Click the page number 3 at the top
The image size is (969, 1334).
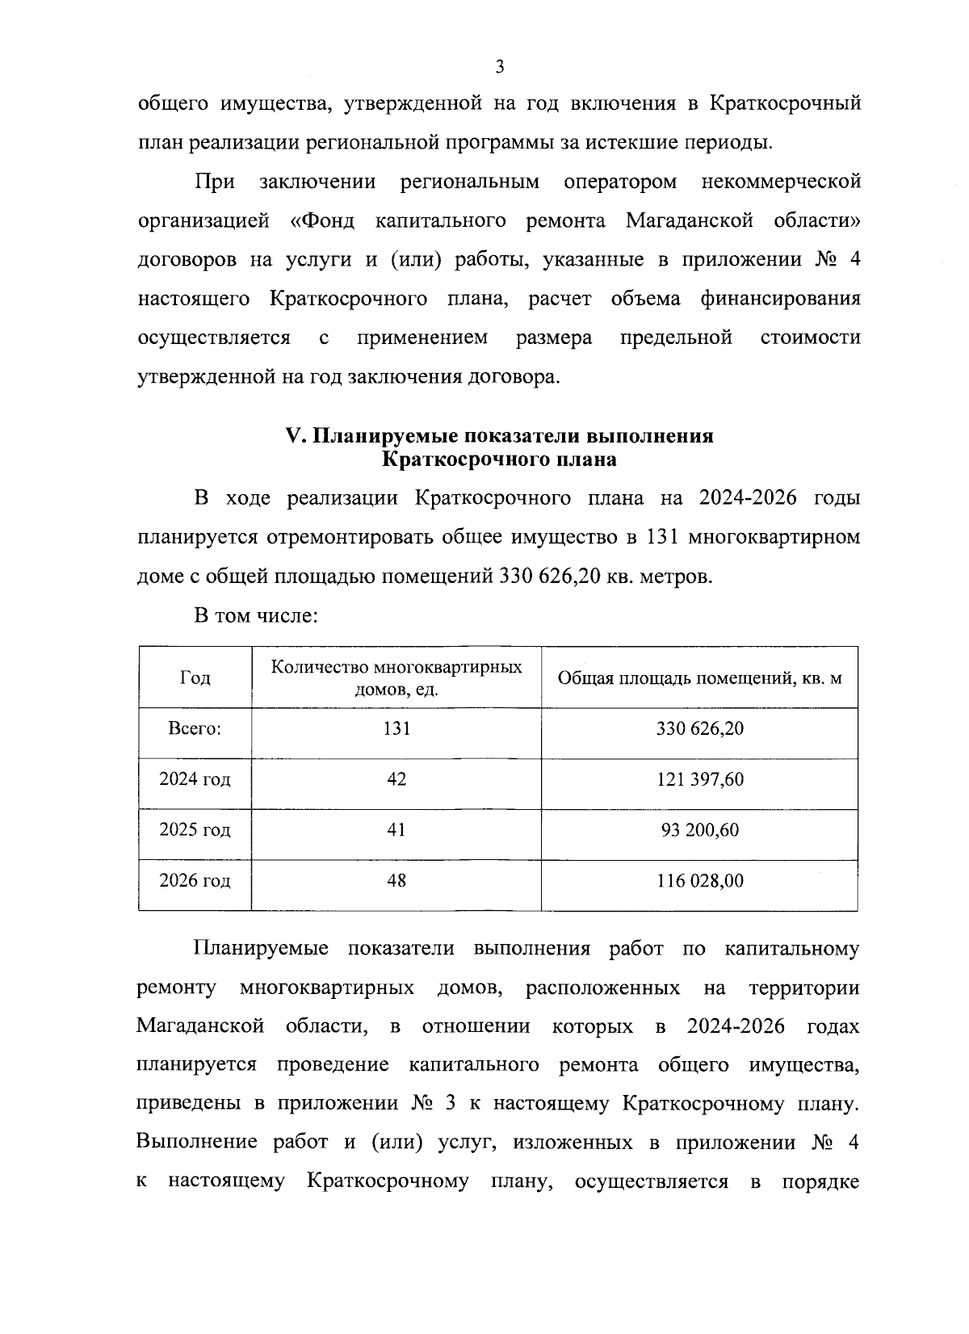click(499, 66)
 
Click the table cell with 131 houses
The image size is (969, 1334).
click(396, 728)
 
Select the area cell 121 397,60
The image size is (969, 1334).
click(699, 779)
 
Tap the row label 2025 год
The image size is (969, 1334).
click(195, 830)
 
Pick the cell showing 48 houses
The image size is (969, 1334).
click(396, 880)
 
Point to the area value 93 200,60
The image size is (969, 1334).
click(699, 830)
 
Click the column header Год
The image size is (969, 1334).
click(195, 677)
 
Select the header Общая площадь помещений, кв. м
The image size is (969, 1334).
click(699, 677)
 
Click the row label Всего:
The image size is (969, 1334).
click(195, 728)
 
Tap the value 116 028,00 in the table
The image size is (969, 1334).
click(699, 880)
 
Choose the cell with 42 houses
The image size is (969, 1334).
click(396, 779)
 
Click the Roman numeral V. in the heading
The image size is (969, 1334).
click(294, 436)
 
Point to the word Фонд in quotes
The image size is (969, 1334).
click(323, 220)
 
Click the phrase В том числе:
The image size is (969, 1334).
click(255, 616)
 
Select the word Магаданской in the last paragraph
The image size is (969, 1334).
click(201, 1026)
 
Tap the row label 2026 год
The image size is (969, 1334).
click(195, 880)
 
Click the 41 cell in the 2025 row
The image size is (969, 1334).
click(396, 830)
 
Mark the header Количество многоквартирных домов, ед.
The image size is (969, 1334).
click(396, 678)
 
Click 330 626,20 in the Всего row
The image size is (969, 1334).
click(699, 728)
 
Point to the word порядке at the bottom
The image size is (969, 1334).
click(820, 1181)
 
